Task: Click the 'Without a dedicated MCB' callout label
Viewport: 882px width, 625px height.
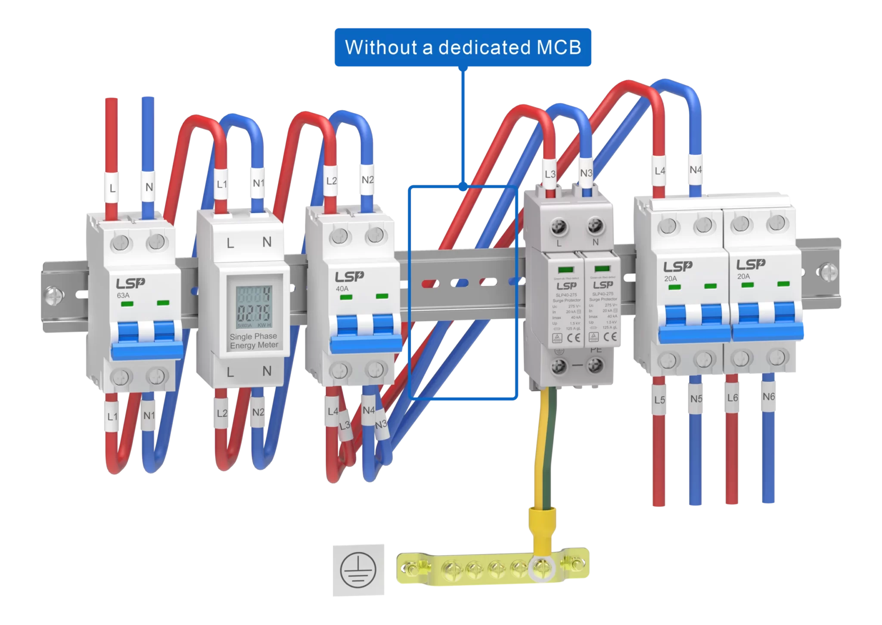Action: click(463, 47)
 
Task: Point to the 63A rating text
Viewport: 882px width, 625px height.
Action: click(123, 296)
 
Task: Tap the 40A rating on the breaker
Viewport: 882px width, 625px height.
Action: click(342, 289)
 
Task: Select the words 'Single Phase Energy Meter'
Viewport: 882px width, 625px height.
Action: click(254, 340)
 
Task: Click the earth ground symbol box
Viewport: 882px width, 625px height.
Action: click(358, 570)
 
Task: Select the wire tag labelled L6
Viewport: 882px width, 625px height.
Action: click(732, 398)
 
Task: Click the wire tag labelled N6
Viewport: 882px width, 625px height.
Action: click(768, 396)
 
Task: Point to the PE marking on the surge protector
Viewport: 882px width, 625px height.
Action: click(596, 350)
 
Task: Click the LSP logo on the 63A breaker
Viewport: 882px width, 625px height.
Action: click(130, 284)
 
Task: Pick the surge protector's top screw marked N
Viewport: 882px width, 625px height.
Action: click(595, 224)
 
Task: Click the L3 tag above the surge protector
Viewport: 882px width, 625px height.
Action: click(550, 174)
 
